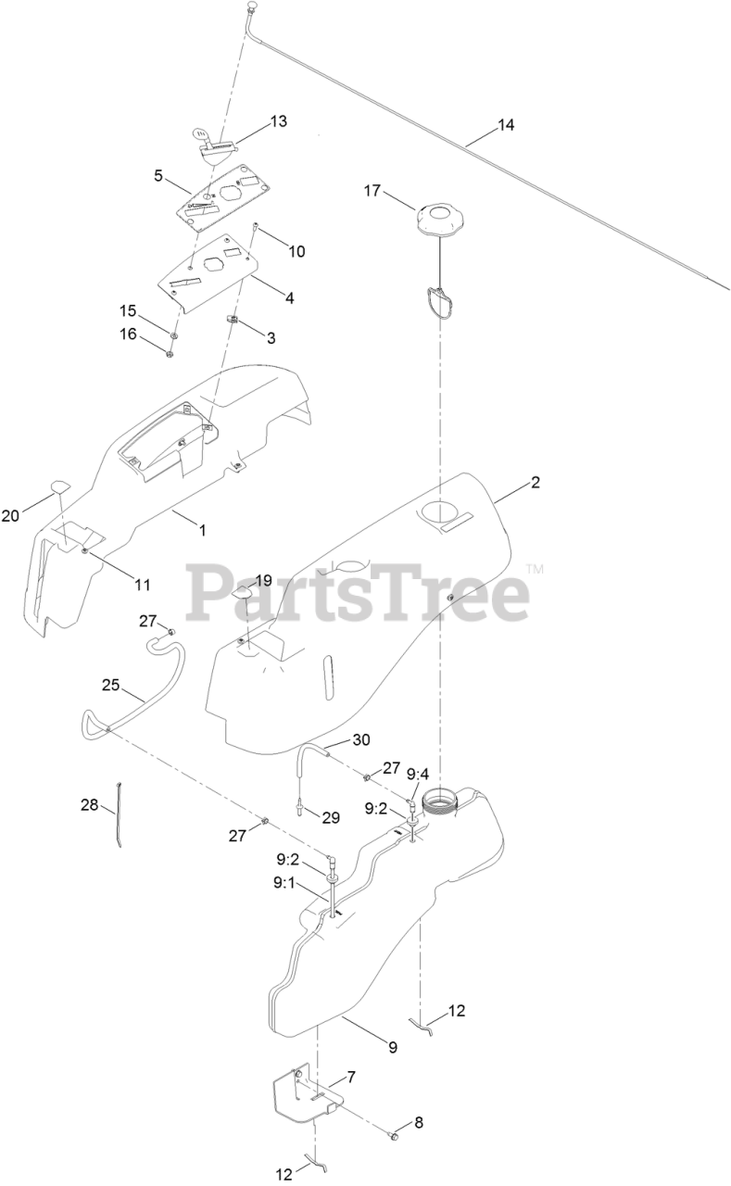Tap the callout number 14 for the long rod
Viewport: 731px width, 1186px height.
(x=505, y=126)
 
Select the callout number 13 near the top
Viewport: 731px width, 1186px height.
(x=278, y=121)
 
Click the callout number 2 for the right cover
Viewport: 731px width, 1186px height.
(x=535, y=483)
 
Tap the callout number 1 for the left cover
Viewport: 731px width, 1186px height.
(x=203, y=530)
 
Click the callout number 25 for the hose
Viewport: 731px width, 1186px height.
(x=111, y=685)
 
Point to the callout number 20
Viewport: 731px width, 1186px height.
(x=10, y=516)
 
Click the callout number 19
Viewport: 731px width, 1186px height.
(x=263, y=581)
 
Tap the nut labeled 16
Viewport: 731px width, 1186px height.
(x=170, y=353)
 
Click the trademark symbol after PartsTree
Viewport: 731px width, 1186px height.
(x=535, y=569)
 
